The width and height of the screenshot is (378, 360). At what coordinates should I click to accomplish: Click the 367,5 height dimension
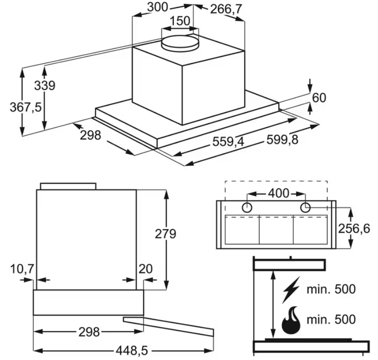26,107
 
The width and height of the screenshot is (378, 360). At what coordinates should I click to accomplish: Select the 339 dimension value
45,85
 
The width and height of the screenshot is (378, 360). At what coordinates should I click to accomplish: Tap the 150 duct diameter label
180,21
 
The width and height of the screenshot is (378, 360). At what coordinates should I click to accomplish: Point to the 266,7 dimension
226,9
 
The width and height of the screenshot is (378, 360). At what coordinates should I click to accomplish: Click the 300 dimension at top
157,7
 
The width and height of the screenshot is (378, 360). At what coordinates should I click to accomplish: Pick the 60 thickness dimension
319,98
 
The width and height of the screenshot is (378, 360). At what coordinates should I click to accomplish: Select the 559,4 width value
228,141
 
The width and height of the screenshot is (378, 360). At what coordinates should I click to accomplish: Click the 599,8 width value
282,139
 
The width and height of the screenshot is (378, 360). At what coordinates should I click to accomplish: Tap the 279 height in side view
165,234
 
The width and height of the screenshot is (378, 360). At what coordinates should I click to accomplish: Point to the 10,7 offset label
22,268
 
